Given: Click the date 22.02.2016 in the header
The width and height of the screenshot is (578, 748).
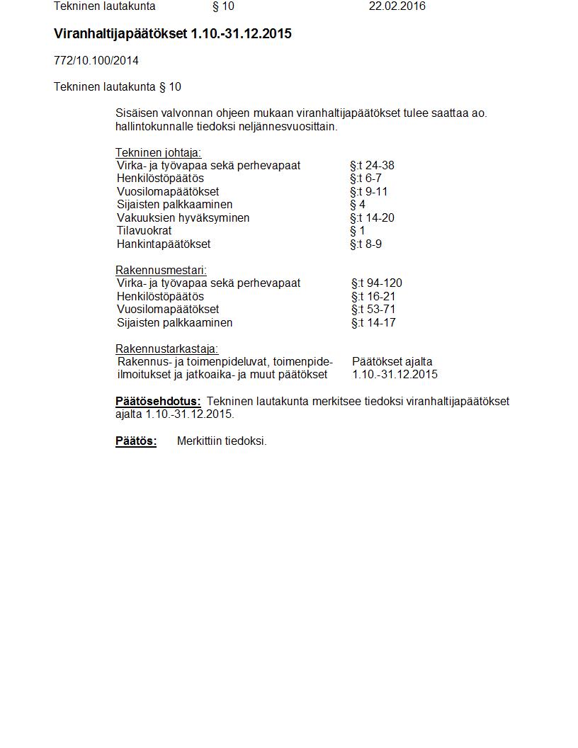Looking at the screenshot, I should point(397,6).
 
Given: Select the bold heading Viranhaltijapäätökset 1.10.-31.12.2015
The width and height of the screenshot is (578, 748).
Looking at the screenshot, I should point(172,34).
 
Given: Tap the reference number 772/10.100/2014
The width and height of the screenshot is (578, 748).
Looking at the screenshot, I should point(96,60).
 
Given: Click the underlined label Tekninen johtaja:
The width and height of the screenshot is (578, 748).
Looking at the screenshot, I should point(158,152).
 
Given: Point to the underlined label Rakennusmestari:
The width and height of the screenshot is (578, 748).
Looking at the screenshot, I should point(161,270).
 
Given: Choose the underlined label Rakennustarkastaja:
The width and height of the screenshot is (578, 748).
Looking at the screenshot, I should point(166,348).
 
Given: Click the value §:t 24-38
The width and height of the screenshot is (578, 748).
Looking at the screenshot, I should point(372,166).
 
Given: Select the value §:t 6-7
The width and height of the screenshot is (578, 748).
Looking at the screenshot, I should point(365,178).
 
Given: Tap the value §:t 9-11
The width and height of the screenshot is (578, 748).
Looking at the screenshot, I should point(368,192).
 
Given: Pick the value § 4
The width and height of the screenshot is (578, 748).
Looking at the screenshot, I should point(358,205).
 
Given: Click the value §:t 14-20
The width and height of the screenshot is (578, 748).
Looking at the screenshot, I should point(372,218).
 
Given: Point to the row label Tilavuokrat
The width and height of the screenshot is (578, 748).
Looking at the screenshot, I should point(144,231).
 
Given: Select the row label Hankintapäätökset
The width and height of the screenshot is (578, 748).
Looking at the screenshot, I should point(164,244).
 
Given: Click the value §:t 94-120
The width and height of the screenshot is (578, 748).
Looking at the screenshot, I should point(376,283).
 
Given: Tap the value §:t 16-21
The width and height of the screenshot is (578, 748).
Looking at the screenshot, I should point(373,297).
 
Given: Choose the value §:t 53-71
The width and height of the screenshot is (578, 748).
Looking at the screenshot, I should point(373,310).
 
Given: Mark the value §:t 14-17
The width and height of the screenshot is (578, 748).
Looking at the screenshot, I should point(373,323).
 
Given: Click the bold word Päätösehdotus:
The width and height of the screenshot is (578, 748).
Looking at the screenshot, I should point(158,402).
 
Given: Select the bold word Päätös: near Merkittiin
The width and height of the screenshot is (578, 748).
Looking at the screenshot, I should point(136,441).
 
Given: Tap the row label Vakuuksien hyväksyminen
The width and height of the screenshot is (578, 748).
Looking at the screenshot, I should point(183,218).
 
